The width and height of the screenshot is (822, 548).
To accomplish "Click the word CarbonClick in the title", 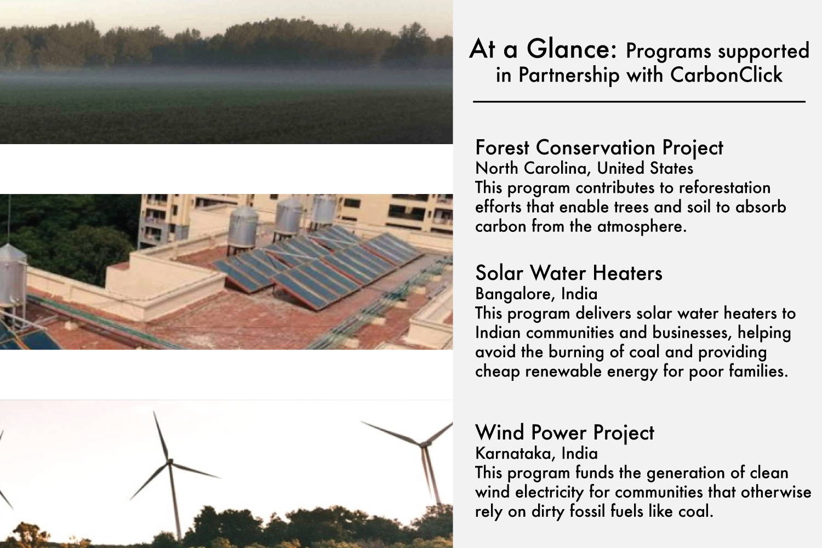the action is tap(726, 75).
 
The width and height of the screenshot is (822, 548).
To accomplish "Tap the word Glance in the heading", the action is tap(572, 49).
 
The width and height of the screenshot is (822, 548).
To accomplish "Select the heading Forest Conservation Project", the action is tap(599, 147).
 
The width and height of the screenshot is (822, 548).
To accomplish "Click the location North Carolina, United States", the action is tap(584, 168).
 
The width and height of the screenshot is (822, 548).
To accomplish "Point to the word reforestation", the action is tap(724, 187).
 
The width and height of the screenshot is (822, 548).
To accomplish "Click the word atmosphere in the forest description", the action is tap(642, 226).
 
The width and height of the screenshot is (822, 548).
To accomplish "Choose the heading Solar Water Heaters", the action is tap(569, 273).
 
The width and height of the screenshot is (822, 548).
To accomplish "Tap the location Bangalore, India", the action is tap(536, 294).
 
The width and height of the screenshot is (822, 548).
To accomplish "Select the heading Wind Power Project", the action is tap(564, 432).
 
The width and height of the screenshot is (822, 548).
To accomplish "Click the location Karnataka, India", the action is tap(536, 453).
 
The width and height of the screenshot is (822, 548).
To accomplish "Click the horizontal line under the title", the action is tap(639, 102).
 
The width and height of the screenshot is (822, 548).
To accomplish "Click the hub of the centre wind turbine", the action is tap(170, 461).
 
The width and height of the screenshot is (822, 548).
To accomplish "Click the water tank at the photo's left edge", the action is tap(12, 275).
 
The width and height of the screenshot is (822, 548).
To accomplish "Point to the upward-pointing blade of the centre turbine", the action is tap(161, 436).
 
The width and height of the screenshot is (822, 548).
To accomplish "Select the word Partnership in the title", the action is tap(569, 76).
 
